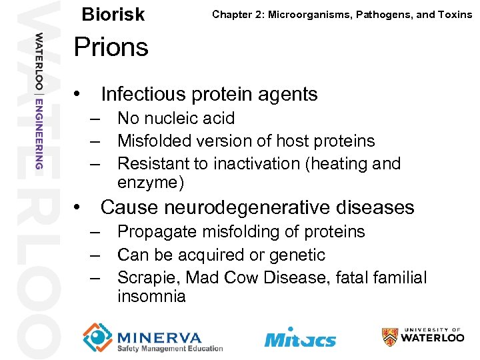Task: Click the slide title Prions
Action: pos(111,47)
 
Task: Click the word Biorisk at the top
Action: pos(113,15)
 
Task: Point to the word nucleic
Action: pos(174,119)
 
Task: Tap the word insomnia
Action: pos(151,296)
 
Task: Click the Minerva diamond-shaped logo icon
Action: pos(98,337)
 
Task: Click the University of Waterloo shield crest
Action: pos(390,337)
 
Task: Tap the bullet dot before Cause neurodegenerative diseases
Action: pos(79,208)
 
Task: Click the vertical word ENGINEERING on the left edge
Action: pos(39,133)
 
